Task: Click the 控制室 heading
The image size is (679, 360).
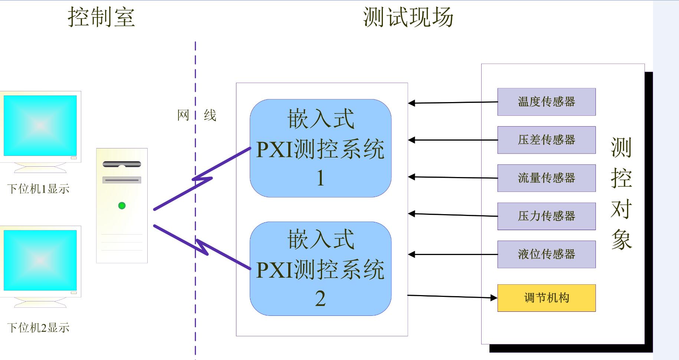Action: click(x=101, y=17)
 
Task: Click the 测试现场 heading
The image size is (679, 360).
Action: click(x=408, y=17)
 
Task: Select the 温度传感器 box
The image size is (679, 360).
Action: click(x=547, y=102)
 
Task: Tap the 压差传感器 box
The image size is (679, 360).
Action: click(x=547, y=140)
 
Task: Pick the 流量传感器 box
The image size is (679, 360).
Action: click(x=547, y=178)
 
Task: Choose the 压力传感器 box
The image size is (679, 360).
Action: click(x=547, y=216)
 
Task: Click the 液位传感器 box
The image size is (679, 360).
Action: click(x=547, y=254)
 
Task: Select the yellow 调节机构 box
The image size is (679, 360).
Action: click(x=547, y=298)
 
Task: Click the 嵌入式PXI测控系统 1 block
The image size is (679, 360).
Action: click(x=321, y=148)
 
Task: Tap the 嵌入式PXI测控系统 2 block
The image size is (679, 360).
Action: click(x=321, y=269)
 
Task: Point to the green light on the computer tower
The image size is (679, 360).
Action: click(x=122, y=206)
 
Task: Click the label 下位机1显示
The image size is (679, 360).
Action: click(x=38, y=189)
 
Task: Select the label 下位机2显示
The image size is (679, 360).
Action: click(x=38, y=328)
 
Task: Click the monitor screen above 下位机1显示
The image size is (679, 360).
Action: click(x=40, y=125)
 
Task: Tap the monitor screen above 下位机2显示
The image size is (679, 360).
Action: click(x=40, y=260)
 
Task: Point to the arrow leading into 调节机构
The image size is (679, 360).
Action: click(x=452, y=297)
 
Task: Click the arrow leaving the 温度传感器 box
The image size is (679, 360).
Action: click(x=453, y=102)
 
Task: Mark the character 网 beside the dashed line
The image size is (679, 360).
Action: click(x=183, y=115)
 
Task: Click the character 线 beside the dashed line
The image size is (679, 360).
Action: click(x=210, y=115)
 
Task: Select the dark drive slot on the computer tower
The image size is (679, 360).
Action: click(x=122, y=164)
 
